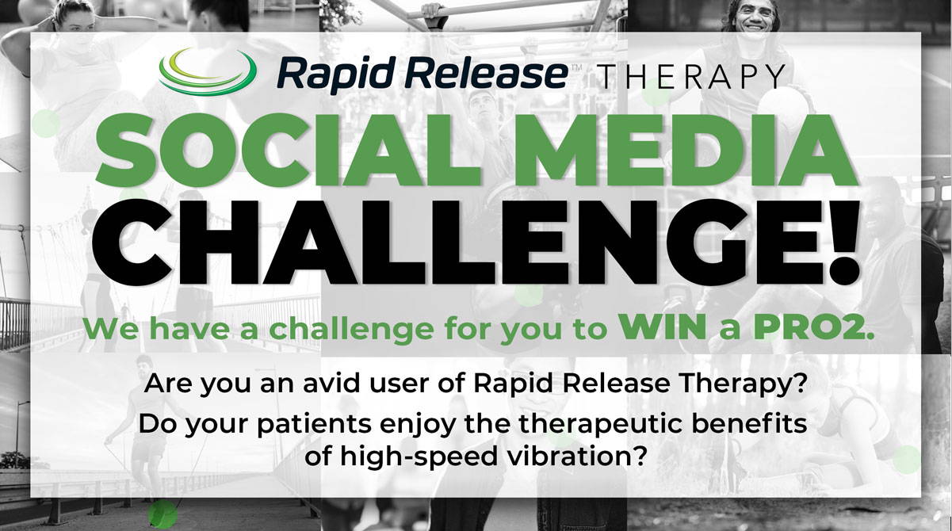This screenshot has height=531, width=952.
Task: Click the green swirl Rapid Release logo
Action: point(207,72)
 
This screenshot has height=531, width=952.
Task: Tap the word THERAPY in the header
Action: point(693,76)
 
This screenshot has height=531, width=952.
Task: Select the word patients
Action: point(314,424)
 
